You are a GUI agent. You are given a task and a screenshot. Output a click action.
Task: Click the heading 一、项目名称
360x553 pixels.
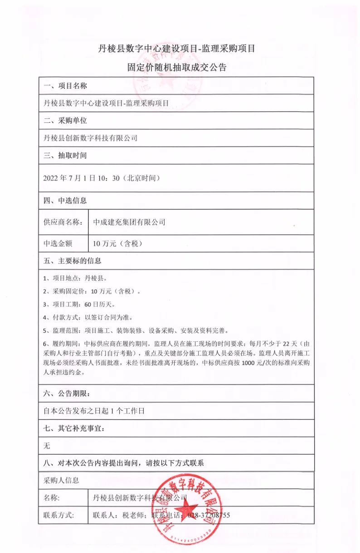65,86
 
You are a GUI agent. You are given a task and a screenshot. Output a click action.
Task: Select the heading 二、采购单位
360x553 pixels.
65,121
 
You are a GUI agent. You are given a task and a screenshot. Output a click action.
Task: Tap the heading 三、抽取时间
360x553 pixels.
65,155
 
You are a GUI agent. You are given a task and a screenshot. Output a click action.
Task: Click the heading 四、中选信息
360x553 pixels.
65,200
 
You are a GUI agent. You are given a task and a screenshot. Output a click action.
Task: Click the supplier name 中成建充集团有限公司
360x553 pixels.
129,222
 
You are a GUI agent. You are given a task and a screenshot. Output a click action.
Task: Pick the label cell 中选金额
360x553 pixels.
58,243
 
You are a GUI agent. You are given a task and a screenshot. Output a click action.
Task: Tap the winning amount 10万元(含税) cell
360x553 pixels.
118,243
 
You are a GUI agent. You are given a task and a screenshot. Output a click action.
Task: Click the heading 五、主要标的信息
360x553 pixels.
72,261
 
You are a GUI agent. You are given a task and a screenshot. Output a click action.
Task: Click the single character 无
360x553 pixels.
47,446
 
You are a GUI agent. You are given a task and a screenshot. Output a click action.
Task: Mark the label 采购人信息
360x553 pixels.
61,480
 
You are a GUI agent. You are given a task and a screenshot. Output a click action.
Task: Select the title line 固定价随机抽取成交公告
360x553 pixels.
177,68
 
